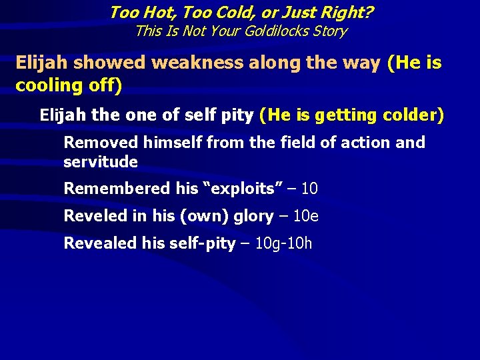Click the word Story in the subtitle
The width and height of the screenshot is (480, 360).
[327, 31]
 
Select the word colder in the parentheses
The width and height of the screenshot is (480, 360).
[410, 115]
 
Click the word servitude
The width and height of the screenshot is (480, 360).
[101, 162]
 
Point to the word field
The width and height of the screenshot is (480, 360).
[265, 143]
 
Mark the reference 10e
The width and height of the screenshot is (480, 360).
[306, 216]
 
